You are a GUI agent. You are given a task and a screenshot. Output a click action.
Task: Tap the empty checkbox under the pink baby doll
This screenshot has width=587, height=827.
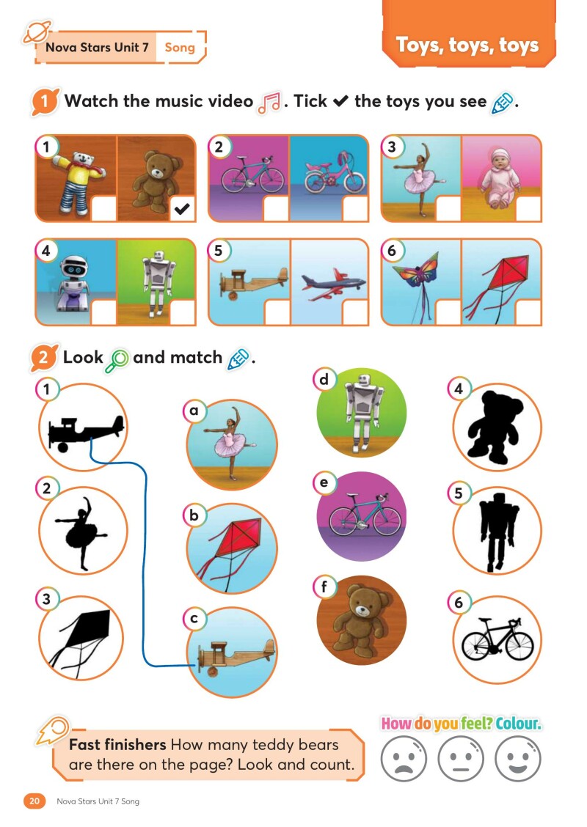pos(528,209)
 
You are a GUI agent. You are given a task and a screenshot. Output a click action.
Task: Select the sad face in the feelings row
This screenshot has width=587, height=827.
pos(404,758)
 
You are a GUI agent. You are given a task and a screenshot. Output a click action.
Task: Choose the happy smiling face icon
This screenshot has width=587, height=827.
pos(518,758)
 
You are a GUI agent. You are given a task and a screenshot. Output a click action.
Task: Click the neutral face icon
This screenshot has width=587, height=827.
pos(461,758)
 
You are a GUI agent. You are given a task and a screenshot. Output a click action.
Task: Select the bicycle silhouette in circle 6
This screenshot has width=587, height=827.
pos(497,641)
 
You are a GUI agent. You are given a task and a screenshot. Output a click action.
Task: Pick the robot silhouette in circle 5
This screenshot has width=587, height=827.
pos(496,532)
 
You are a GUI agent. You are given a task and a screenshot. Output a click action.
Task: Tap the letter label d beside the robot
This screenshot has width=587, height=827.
pos(324,380)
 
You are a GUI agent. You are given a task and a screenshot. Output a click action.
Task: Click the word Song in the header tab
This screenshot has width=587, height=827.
pos(180,48)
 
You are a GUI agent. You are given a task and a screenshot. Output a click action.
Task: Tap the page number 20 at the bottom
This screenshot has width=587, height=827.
pos(34,801)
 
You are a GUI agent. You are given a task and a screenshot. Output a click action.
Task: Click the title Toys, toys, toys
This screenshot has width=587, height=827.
pos(467,45)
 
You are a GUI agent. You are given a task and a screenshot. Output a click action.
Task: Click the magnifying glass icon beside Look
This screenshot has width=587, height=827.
pos(117,359)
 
